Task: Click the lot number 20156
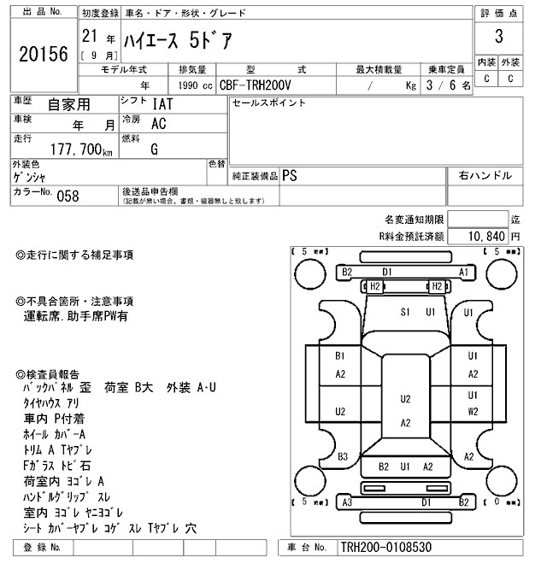[x=43, y=55]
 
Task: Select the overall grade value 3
[x=497, y=38]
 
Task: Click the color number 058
[x=68, y=196]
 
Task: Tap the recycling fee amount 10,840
[x=487, y=235]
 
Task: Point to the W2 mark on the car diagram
[x=472, y=411]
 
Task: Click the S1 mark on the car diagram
[x=406, y=312]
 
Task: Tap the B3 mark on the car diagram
[x=342, y=456]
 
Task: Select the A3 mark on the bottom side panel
[x=347, y=502]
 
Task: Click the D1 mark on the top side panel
[x=387, y=272]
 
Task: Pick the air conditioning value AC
[x=158, y=123]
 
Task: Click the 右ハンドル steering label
[x=485, y=175]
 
